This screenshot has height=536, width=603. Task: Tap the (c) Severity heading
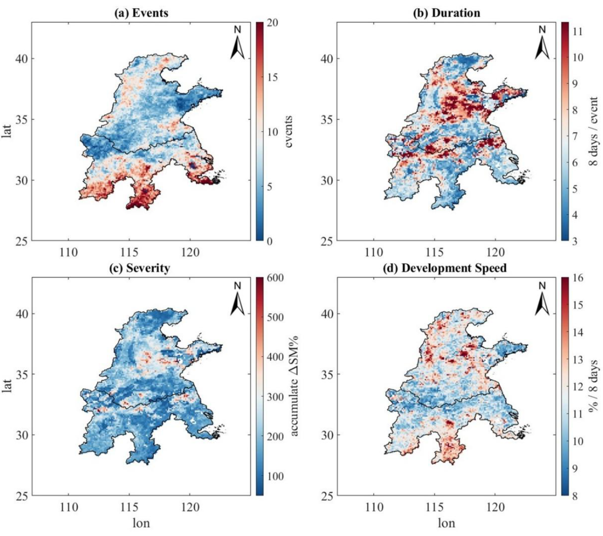(x=140, y=268)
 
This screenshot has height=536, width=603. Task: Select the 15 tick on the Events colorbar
(x=273, y=78)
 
